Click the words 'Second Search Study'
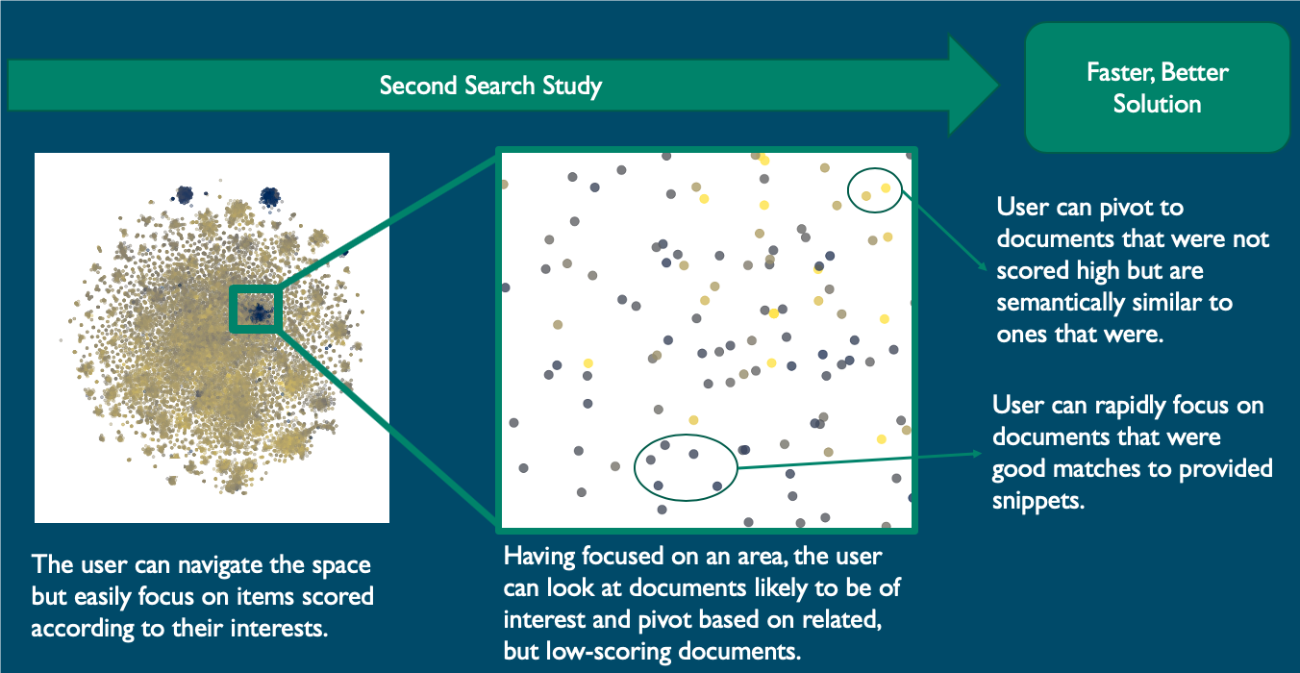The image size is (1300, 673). pyautogui.click(x=490, y=86)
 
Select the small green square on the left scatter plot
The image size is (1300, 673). pyautogui.click(x=254, y=310)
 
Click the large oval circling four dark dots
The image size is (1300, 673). pyautogui.click(x=686, y=467)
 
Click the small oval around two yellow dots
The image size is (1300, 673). pyautogui.click(x=876, y=190)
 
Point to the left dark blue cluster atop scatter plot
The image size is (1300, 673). pyautogui.click(x=184, y=195)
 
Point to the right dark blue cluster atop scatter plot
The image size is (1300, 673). pyautogui.click(x=270, y=196)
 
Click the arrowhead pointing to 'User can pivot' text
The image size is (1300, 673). pyautogui.click(x=985, y=269)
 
